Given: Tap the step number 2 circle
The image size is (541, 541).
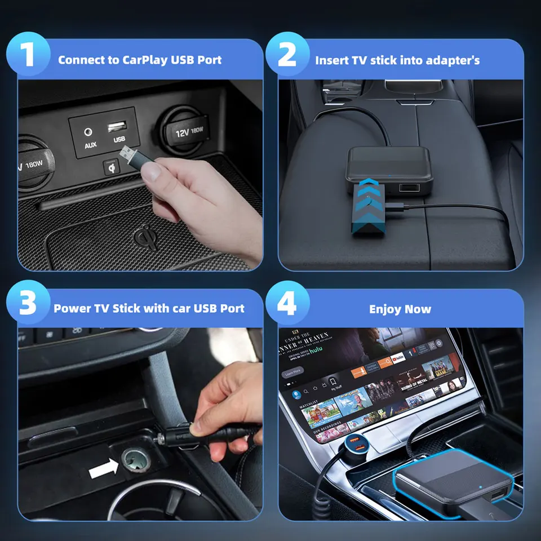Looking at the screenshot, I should [287, 56].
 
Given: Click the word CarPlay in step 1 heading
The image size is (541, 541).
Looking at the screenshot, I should [144, 60].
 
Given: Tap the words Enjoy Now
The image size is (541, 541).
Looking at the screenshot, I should [400, 309].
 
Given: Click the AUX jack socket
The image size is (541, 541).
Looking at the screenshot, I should [88, 132].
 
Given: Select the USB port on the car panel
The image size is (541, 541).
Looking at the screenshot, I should [118, 126].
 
